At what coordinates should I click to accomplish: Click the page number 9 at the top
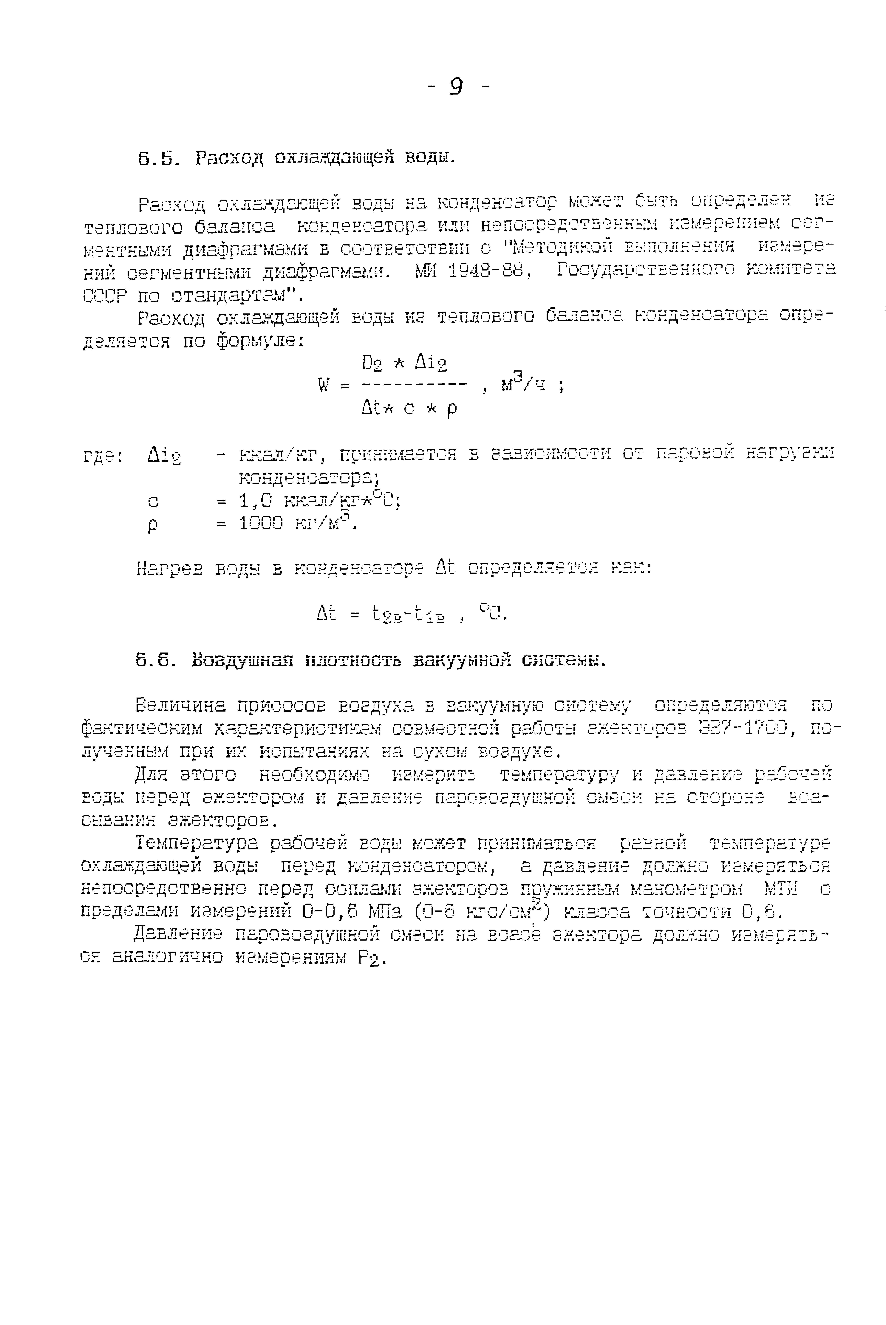coord(457,86)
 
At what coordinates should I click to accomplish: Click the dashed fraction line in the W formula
coord(414,385)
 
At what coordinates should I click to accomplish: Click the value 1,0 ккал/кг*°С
coord(319,500)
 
